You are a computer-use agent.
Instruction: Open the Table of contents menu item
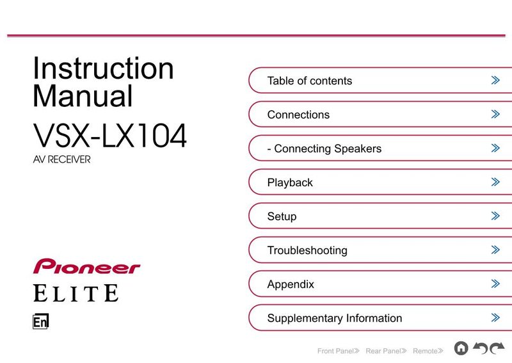(310, 81)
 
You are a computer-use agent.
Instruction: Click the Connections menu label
(298, 115)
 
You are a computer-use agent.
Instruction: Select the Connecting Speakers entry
(324, 149)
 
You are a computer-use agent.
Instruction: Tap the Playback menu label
(290, 182)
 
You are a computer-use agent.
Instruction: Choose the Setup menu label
(282, 216)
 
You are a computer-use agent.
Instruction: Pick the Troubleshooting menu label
(307, 250)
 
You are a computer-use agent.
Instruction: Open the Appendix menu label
(291, 284)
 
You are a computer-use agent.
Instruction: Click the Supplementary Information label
(335, 318)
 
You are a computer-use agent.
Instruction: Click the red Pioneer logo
(86, 266)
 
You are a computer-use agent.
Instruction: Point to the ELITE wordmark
(76, 293)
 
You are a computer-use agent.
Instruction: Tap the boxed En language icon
(41, 321)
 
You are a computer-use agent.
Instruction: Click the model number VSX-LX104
(109, 135)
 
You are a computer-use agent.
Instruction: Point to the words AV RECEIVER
(61, 159)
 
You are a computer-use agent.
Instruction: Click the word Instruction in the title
(103, 68)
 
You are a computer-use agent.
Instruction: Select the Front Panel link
(339, 351)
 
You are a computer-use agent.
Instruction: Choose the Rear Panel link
(387, 351)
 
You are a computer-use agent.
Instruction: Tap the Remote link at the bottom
(428, 351)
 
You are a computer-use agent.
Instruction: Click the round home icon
(461, 348)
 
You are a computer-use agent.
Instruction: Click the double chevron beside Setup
(495, 216)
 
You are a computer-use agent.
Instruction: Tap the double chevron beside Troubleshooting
(495, 250)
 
